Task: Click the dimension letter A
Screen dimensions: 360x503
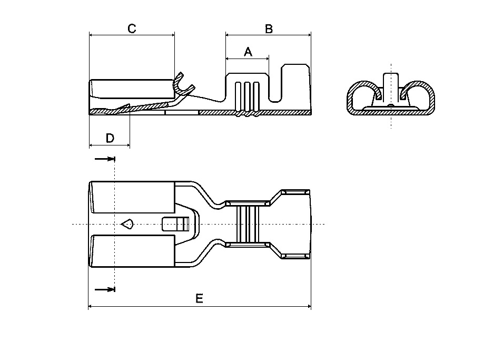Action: click(248, 52)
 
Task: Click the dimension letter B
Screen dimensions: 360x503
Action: click(269, 28)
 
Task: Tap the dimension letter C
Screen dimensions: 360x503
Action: click(132, 28)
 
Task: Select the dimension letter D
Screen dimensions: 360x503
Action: click(110, 138)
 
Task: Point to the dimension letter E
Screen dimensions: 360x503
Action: click(199, 299)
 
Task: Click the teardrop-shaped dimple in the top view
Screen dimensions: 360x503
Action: click(127, 225)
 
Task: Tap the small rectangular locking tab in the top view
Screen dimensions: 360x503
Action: click(176, 224)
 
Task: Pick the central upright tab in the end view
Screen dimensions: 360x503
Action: click(390, 87)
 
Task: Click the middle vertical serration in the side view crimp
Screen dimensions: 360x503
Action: click(247, 95)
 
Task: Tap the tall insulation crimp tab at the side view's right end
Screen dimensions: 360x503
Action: click(295, 87)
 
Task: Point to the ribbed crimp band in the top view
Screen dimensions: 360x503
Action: click(247, 225)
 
